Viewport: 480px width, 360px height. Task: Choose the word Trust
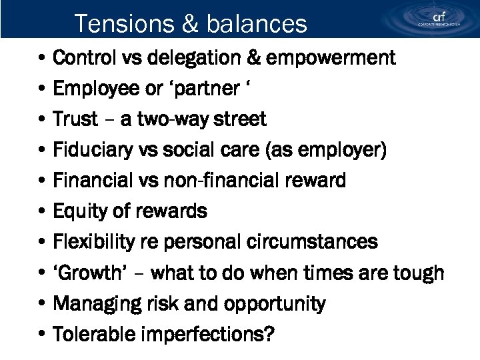[75, 119]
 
